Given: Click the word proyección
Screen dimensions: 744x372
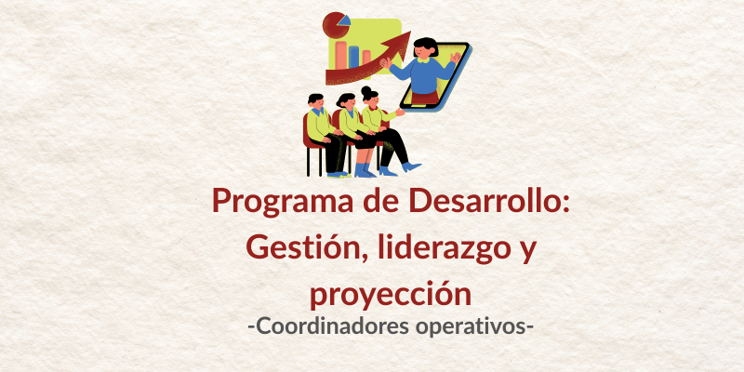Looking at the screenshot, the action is (x=391, y=295).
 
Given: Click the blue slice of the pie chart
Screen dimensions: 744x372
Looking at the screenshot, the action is (x=346, y=20).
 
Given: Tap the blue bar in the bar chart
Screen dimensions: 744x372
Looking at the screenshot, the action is (x=354, y=57).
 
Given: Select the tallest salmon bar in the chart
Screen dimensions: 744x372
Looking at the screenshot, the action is (x=340, y=55).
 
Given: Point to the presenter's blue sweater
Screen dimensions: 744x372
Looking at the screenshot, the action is (x=422, y=74).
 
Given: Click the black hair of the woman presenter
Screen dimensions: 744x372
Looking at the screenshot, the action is (x=426, y=44).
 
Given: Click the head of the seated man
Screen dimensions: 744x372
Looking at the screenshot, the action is (x=315, y=100).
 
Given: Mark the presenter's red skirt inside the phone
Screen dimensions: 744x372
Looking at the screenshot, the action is (x=425, y=98).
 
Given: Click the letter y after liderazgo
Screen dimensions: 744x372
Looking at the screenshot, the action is (x=525, y=251).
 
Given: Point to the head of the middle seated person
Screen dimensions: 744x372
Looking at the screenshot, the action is (x=345, y=100).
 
